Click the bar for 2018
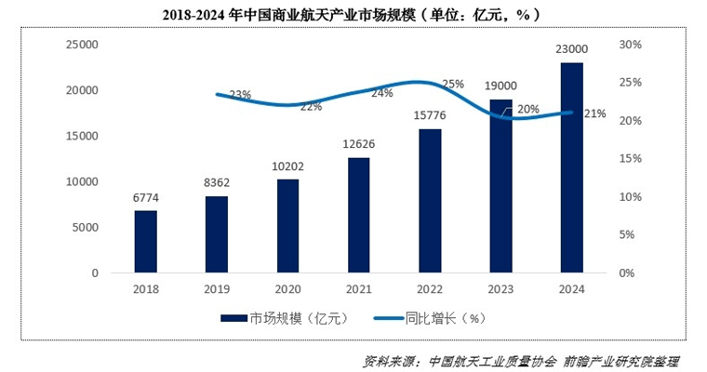click(146, 242)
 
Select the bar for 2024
click(571, 167)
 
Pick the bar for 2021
click(358, 215)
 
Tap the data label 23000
click(571, 48)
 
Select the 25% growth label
click(453, 84)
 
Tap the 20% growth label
click(527, 109)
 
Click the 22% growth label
click(311, 107)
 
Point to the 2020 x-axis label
click(287, 287)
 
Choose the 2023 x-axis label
click(500, 287)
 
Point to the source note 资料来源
click(521, 360)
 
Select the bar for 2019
click(217, 234)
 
